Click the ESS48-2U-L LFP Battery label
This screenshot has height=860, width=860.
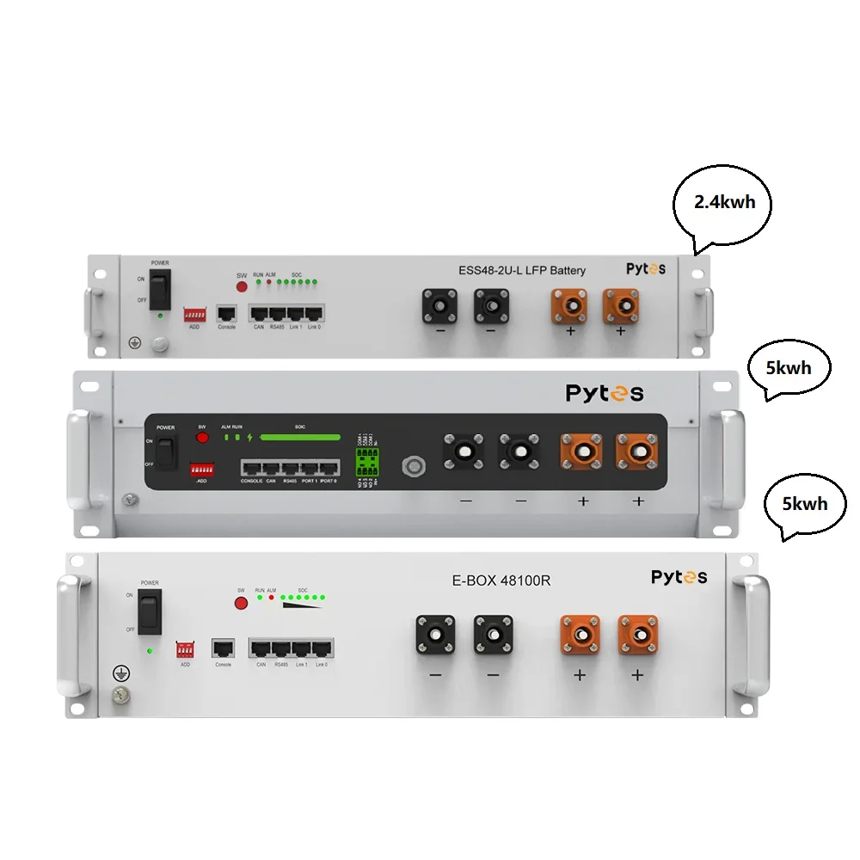[521, 270]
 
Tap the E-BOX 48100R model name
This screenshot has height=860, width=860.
[501, 580]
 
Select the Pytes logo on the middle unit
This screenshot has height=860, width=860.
[604, 393]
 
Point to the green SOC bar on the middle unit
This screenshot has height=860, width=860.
[300, 437]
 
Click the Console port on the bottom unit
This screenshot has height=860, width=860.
[224, 648]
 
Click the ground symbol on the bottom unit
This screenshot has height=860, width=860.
[118, 673]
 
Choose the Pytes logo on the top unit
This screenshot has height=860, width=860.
[645, 269]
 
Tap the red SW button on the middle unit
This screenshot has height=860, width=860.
[203, 438]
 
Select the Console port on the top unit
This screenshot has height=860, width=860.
[227, 314]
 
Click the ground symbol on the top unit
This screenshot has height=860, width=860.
[134, 342]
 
